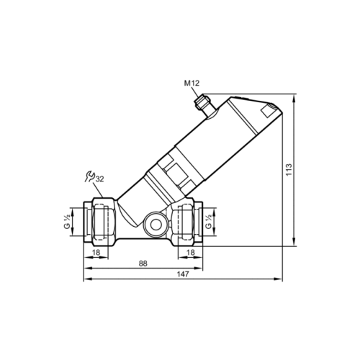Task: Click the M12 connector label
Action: [192, 84]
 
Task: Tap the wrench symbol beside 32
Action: [90, 176]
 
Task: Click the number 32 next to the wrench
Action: [100, 179]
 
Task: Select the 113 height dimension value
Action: [289, 170]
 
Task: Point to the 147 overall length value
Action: [183, 274]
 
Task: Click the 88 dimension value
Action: [143, 264]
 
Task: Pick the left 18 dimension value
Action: [96, 252]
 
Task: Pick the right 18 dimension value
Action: [191, 252]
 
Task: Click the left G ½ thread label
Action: [67, 222]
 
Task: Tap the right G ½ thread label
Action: [209, 222]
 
